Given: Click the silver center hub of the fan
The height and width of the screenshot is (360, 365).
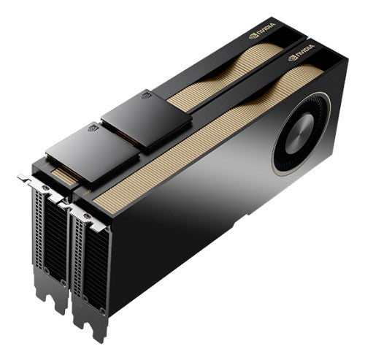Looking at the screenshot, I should [299, 132].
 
